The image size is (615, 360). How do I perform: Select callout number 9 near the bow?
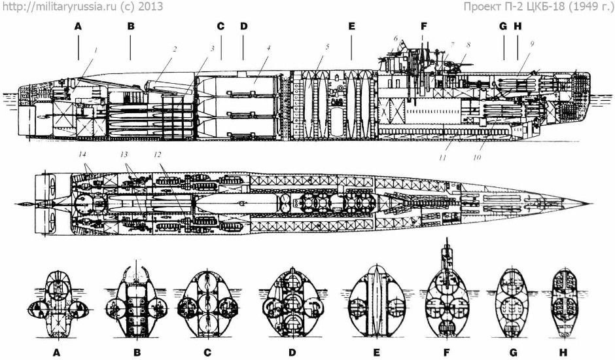click(533, 45)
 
